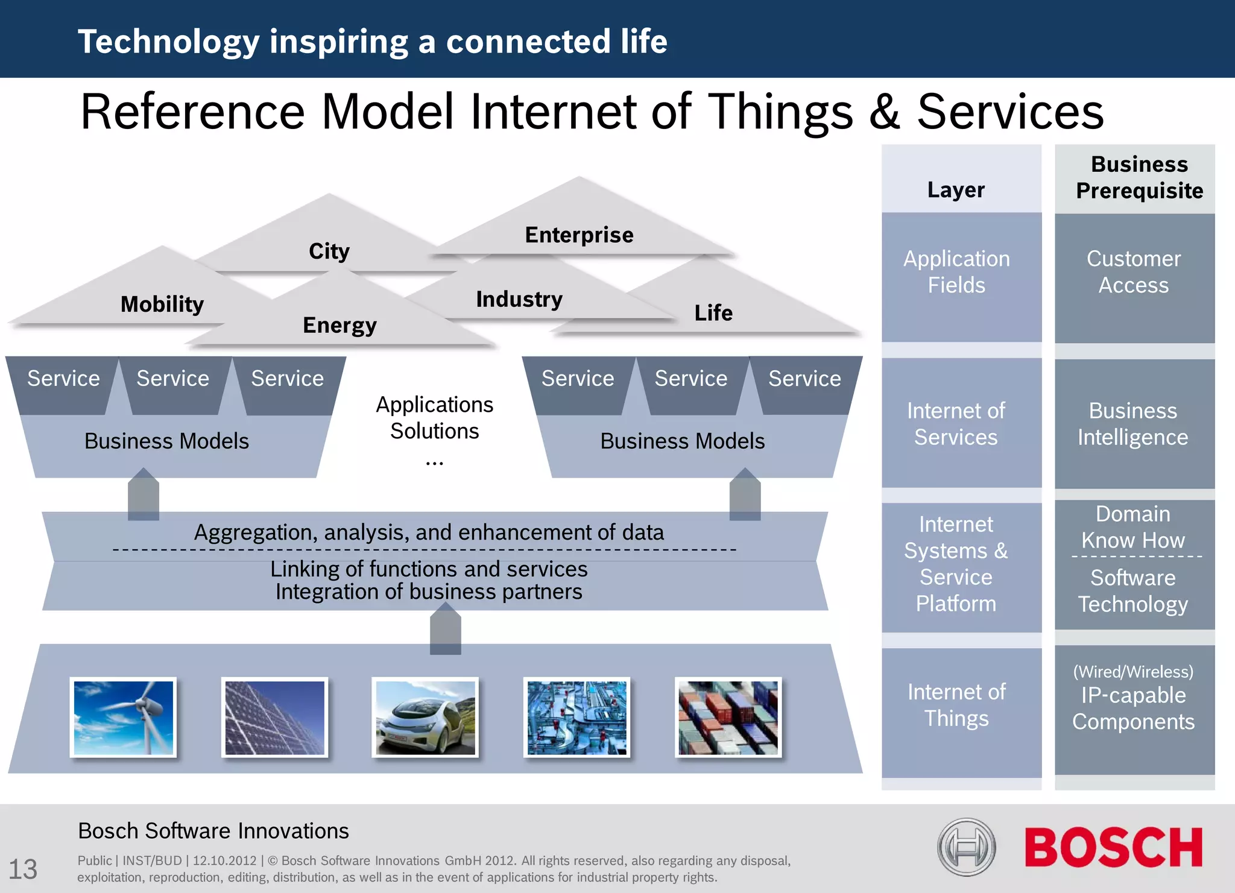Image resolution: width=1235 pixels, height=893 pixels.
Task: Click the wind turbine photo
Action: click(124, 718)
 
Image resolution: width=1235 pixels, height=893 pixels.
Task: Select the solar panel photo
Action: click(274, 718)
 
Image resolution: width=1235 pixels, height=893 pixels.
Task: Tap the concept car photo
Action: click(425, 718)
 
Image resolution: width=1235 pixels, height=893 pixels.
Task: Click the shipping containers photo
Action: click(728, 718)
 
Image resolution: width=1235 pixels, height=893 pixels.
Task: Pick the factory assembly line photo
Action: click(576, 718)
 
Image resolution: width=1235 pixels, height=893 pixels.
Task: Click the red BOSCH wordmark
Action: click(1113, 847)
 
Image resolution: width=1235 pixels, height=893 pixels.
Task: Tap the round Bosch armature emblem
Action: click(966, 847)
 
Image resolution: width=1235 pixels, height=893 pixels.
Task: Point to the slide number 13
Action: click(23, 869)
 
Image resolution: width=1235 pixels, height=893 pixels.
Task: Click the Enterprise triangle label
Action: click(579, 235)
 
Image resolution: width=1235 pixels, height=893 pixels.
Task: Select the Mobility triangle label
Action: click(162, 304)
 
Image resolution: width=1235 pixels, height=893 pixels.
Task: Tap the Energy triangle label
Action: click(340, 325)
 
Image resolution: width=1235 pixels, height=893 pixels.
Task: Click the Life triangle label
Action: click(713, 313)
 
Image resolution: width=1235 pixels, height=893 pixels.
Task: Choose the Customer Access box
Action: click(1134, 273)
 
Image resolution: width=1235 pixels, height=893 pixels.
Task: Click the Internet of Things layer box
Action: click(956, 705)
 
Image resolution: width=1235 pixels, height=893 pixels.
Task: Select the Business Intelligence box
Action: click(1133, 424)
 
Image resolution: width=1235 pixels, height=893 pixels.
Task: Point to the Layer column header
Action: click(956, 189)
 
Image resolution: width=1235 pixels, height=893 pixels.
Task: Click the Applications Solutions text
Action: click(434, 418)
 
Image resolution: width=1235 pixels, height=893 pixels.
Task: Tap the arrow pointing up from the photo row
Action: click(446, 630)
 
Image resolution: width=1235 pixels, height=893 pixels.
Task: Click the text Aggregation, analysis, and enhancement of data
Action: click(429, 532)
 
